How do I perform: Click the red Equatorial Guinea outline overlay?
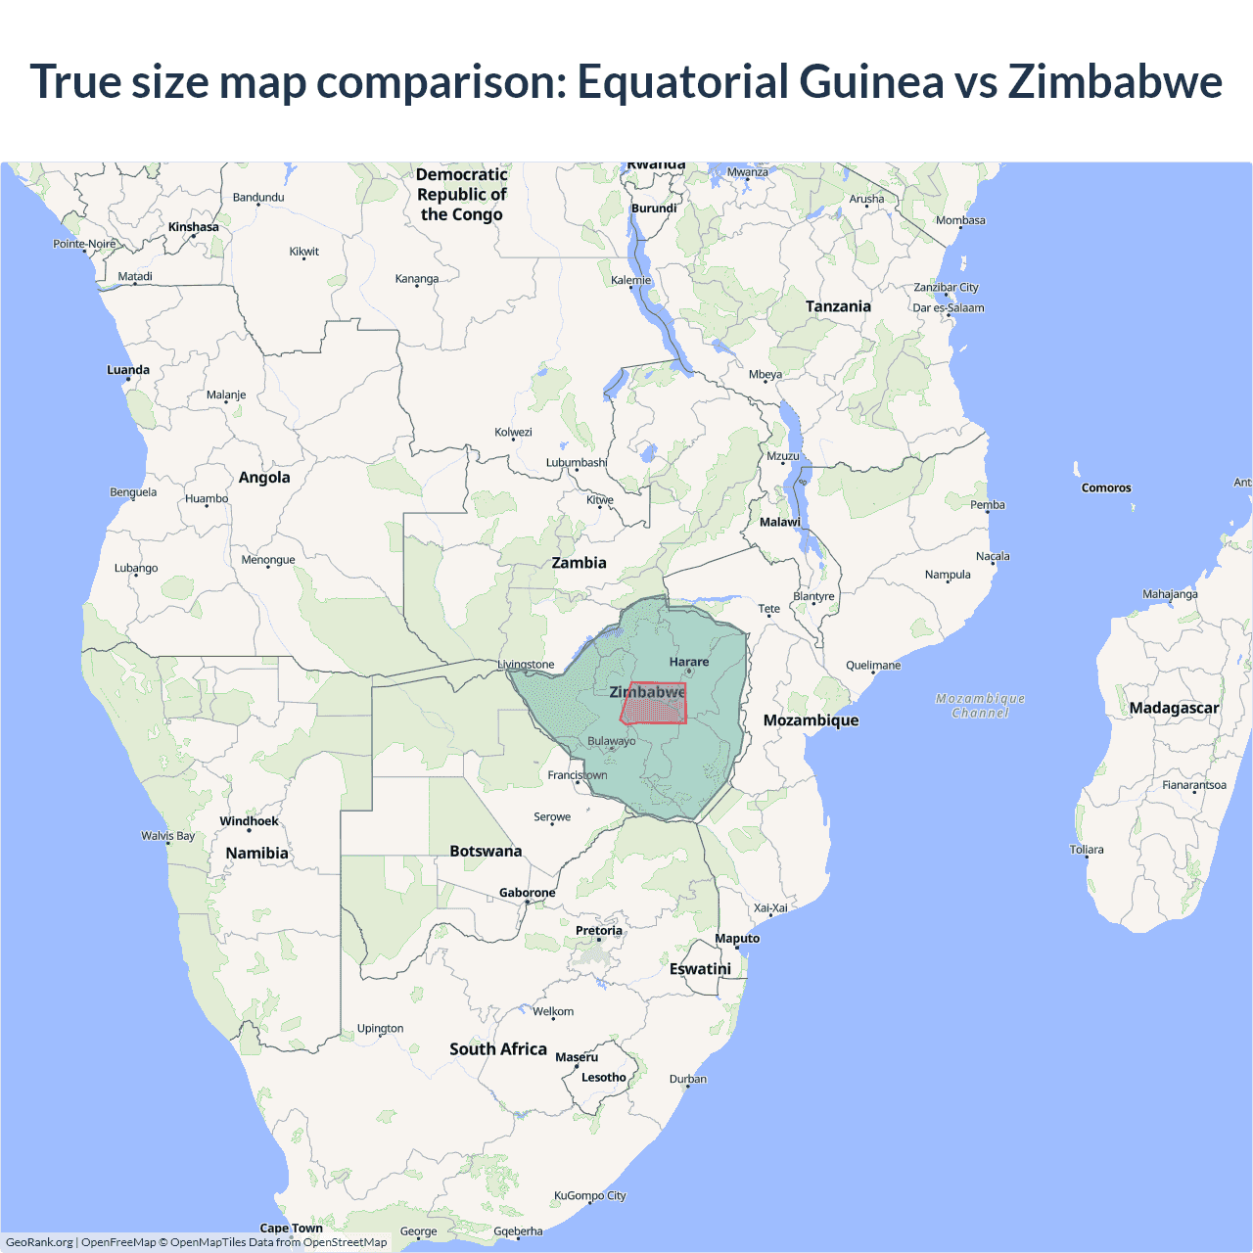click(654, 705)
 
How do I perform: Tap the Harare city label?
click(689, 662)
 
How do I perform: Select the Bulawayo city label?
click(611, 741)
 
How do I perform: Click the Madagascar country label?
click(1174, 708)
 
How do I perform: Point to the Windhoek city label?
click(249, 821)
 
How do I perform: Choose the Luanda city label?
click(128, 370)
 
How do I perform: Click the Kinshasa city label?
click(194, 227)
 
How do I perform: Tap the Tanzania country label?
click(838, 306)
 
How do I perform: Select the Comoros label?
click(1106, 487)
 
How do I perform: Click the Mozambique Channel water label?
click(980, 706)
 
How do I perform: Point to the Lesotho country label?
click(603, 1077)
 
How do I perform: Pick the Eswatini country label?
click(700, 968)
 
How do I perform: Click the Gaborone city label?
click(527, 893)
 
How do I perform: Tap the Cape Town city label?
click(291, 1228)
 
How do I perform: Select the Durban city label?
click(688, 1079)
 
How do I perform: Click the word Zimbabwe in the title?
click(1115, 81)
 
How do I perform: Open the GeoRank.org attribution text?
click(39, 1242)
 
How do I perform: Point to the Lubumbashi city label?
click(577, 462)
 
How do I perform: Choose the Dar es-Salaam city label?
click(949, 307)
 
